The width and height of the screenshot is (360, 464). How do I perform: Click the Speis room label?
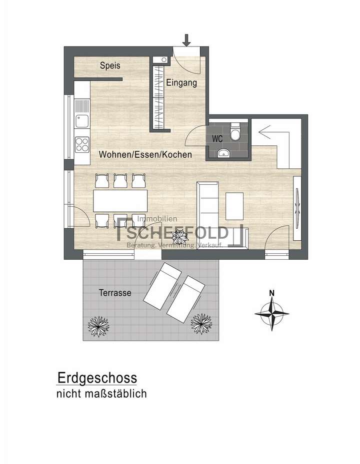click(110, 65)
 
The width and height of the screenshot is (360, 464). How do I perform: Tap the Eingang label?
click(181, 83)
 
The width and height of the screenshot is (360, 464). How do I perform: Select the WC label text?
click(217, 139)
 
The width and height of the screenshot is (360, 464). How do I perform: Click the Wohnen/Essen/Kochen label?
click(145, 155)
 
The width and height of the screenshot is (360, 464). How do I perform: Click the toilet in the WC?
click(235, 133)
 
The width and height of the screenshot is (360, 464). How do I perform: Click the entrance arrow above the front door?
click(186, 39)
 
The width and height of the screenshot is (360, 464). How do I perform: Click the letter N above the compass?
click(271, 293)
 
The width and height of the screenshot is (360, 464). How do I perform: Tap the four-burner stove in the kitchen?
click(81, 144)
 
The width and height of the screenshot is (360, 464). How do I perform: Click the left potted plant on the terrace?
click(98, 326)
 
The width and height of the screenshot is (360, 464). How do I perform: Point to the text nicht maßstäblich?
click(101, 394)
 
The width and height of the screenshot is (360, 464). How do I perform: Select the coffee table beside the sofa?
click(234, 205)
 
